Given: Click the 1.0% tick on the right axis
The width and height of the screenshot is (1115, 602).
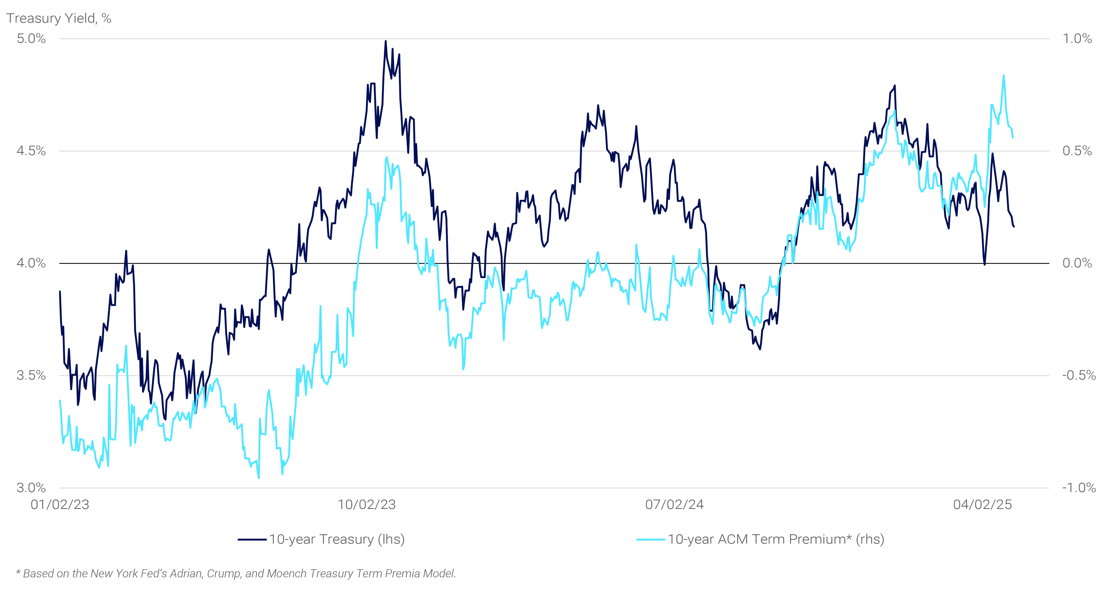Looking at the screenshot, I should point(1077,39).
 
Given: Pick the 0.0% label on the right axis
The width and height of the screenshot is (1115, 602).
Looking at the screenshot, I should point(1077,263).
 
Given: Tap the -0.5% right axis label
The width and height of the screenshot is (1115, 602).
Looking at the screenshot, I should point(1078,375).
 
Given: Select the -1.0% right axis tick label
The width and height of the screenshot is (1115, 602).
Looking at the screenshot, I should point(1078,488).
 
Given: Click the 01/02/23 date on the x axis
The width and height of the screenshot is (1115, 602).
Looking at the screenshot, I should point(60,505).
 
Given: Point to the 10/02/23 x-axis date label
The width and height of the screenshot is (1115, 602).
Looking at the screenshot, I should point(367,505).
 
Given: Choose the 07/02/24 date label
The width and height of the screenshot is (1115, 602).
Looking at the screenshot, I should point(674,505).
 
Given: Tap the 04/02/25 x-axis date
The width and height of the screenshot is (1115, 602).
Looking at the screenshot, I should point(982,505).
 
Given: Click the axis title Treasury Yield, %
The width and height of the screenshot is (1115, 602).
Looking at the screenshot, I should point(59,18).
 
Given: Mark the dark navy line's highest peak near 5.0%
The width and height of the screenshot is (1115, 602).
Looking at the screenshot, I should point(386,42).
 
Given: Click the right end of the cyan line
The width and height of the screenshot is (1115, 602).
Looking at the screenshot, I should point(1013,137).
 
